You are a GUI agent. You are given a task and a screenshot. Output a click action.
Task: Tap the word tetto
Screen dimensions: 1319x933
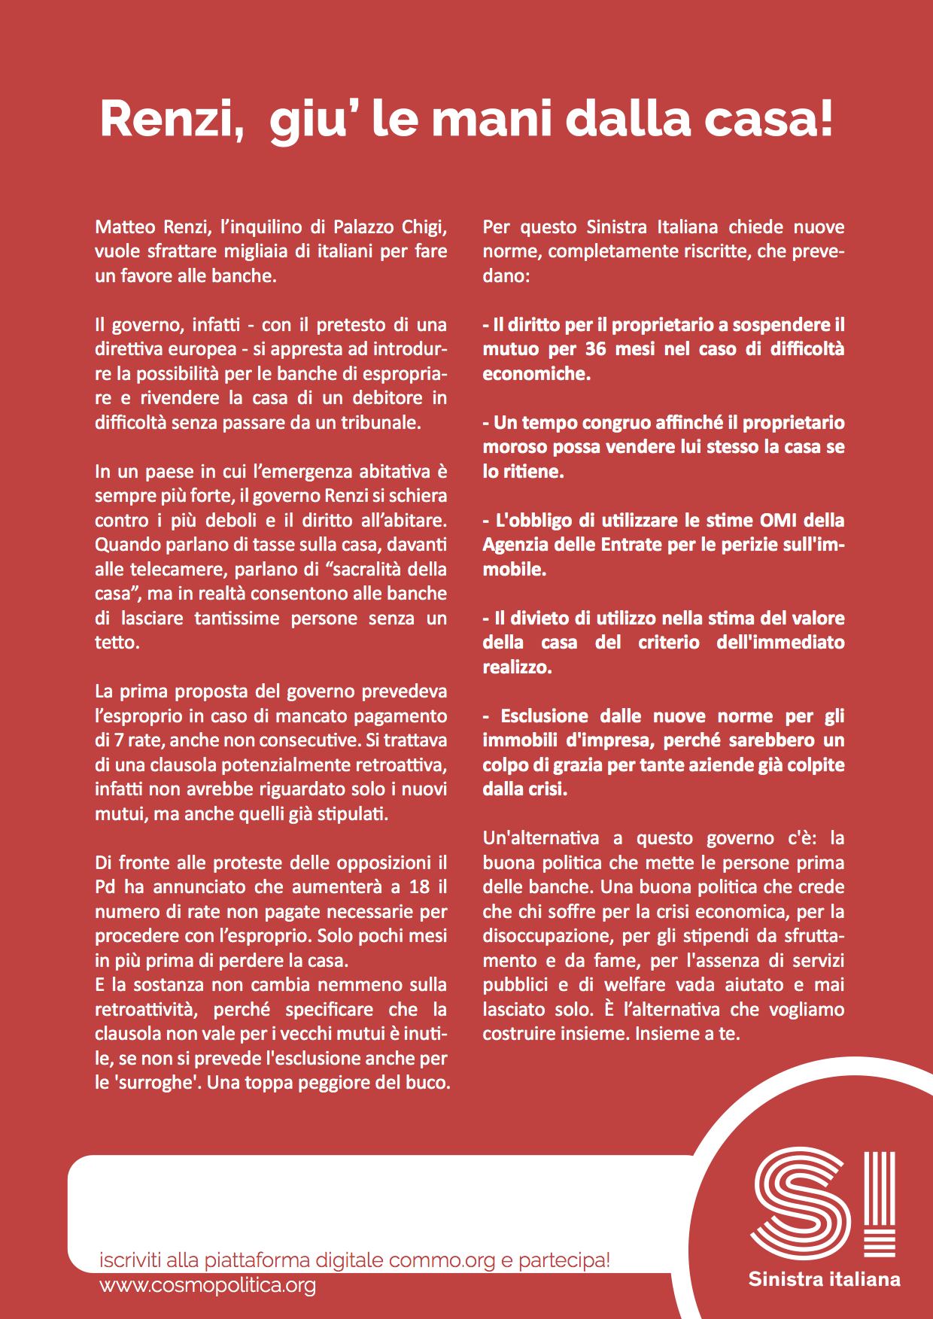tap(117, 643)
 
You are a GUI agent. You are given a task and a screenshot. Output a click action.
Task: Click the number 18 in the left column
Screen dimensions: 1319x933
tap(420, 887)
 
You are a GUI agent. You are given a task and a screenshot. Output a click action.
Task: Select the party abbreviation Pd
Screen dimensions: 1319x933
tap(105, 887)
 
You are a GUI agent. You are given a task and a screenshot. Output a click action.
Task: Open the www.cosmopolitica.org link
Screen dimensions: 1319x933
tap(207, 1285)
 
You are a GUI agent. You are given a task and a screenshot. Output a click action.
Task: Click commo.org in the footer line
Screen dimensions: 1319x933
tap(442, 1260)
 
